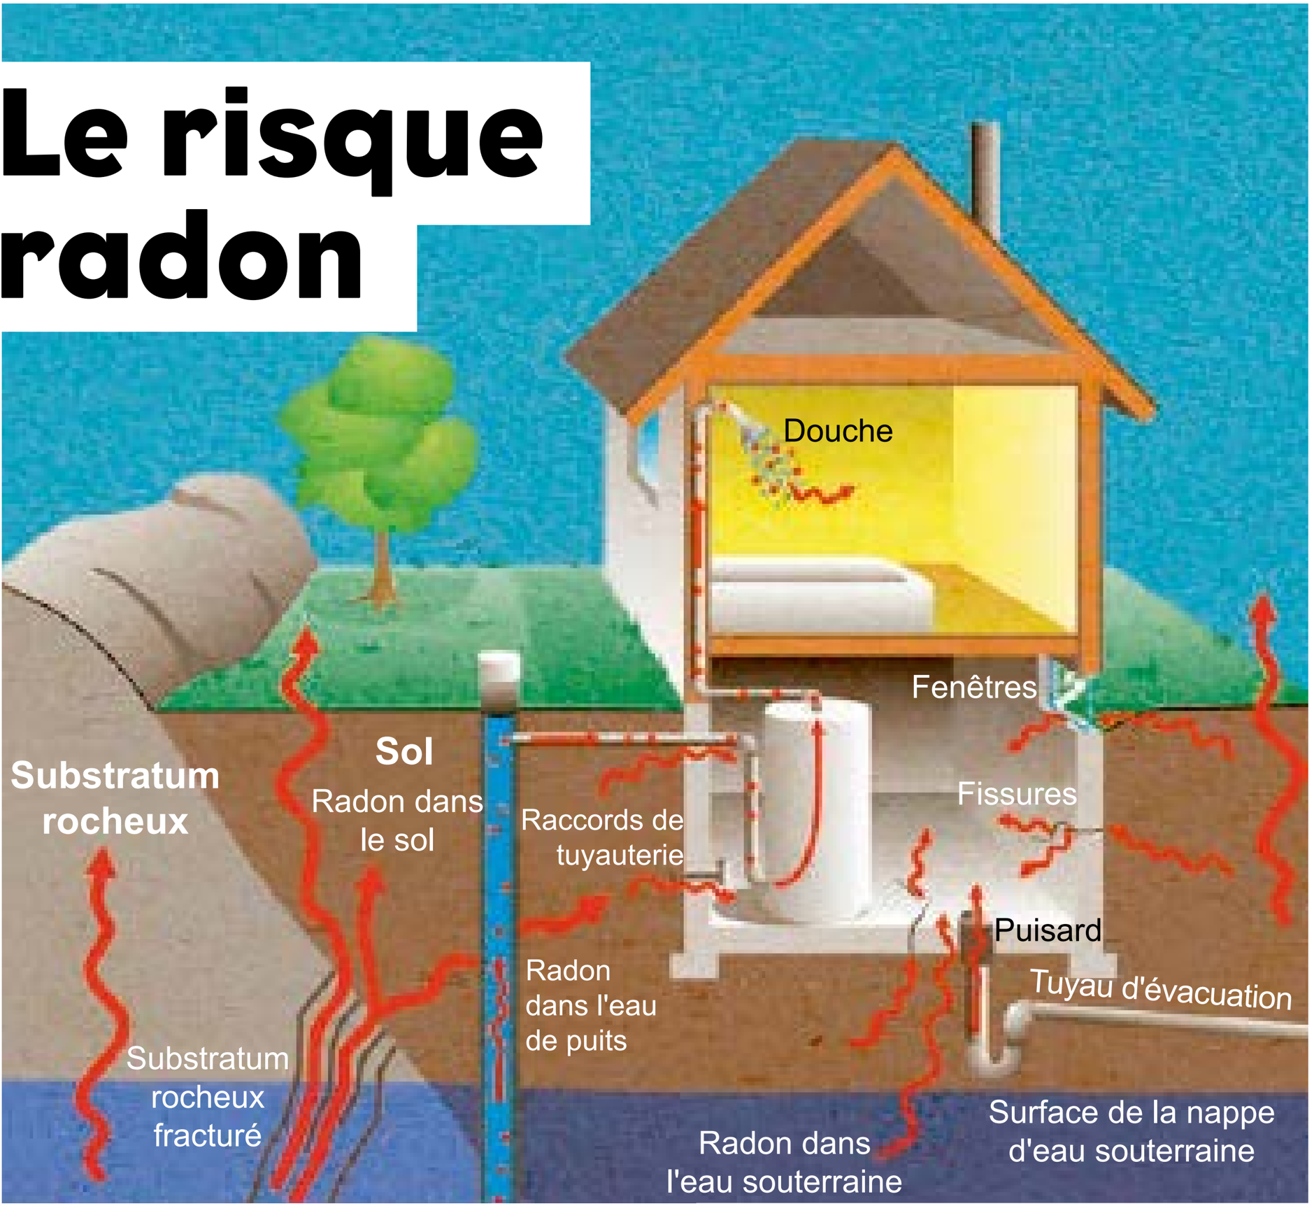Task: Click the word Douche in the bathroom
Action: point(837,431)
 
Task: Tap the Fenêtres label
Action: point(973,687)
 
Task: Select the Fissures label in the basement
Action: point(1016,794)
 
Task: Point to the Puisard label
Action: point(1047,930)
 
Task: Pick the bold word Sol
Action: point(404,752)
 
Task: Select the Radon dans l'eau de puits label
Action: point(590,1006)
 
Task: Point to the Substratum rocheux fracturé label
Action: point(208,1097)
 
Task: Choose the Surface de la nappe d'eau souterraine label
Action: point(1131,1131)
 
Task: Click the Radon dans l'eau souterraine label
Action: point(783,1163)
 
